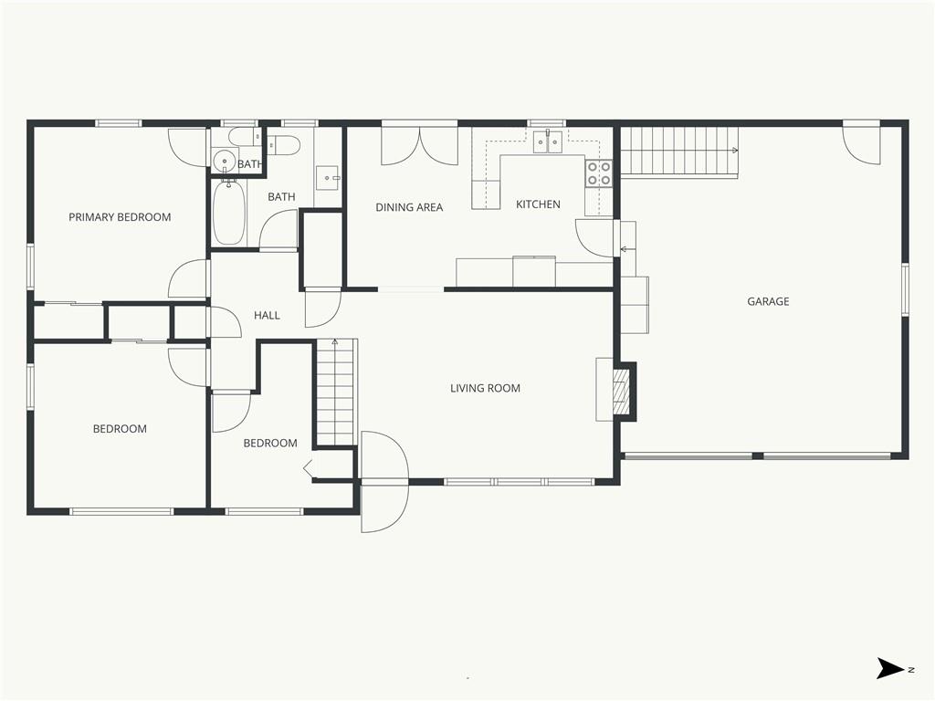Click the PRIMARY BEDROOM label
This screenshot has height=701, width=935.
click(x=120, y=217)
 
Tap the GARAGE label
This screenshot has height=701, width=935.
click(x=768, y=301)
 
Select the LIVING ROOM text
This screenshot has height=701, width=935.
click(x=485, y=388)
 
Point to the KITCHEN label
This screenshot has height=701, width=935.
click(x=538, y=204)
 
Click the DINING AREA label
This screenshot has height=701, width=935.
click(x=409, y=207)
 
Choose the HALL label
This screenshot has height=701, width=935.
click(x=267, y=315)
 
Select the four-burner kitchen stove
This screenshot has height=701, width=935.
click(x=599, y=173)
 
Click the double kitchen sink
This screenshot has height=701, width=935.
click(x=549, y=141)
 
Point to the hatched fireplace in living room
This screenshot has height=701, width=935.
click(x=621, y=391)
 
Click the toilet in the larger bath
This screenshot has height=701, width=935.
click(x=284, y=145)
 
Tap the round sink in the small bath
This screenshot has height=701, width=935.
click(x=225, y=161)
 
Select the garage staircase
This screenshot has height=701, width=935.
click(x=679, y=152)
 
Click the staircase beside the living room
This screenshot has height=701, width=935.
click(x=337, y=392)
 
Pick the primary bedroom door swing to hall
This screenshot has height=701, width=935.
click(x=188, y=279)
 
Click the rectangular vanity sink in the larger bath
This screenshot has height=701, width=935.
click(x=326, y=177)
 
